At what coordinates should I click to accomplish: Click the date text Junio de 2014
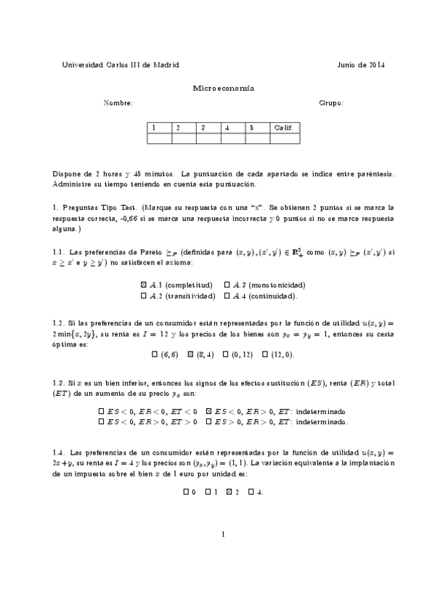click(361, 65)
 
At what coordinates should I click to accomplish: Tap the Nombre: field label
click(118, 103)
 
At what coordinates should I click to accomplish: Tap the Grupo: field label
click(331, 103)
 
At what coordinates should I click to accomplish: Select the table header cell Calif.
click(283, 128)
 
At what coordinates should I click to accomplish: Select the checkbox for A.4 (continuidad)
click(227, 296)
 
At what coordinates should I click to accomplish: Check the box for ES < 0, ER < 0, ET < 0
click(101, 411)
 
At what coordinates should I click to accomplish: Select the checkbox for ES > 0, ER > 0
click(208, 421)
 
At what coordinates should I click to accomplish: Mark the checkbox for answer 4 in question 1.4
click(251, 492)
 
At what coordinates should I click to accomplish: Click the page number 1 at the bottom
click(224, 535)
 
